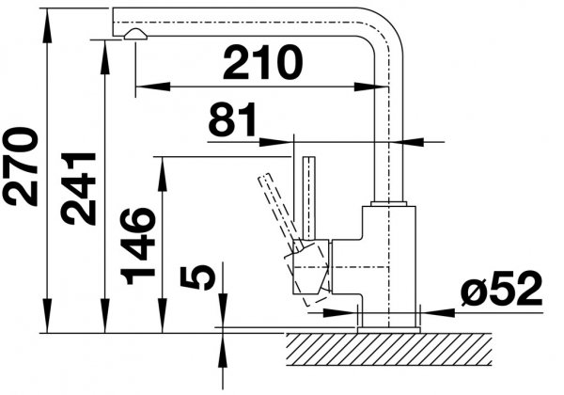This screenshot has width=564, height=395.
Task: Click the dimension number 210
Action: pos(263,62)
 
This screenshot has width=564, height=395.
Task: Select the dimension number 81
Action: pos(233,119)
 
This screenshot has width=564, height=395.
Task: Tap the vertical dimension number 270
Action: pos(20,166)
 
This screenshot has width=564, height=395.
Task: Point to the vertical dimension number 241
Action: pos(78,189)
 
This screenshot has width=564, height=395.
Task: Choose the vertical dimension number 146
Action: pos(138,246)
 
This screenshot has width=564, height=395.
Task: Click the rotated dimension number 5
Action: pos(197,277)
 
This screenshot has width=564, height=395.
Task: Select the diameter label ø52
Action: pos(501,289)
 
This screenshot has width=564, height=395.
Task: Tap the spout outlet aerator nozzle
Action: pos(135,35)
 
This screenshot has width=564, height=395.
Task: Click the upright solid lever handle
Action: pos(309,197)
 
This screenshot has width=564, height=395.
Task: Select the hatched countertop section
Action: pos(389,349)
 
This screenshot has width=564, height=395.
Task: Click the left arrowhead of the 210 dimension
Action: pos(152,87)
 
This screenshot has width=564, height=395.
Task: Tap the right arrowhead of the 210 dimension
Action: pos(371,87)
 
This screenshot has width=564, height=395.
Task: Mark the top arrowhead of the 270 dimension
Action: pos(47,25)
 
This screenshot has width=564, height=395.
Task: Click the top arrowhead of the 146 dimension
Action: pos(163,174)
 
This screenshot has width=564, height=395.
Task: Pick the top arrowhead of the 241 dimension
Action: pos(104,57)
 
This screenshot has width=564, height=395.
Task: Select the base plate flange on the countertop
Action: pos(388,330)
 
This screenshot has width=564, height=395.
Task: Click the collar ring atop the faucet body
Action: pos(389,204)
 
